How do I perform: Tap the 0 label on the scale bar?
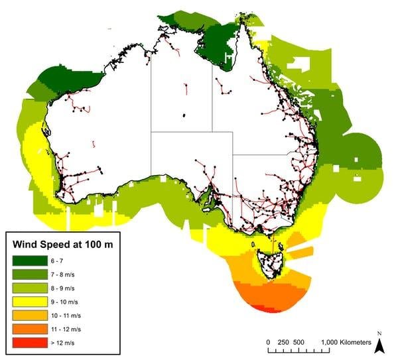tap(267, 342)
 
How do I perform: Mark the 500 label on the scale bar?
tap(299, 342)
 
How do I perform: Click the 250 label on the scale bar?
tap(282, 342)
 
